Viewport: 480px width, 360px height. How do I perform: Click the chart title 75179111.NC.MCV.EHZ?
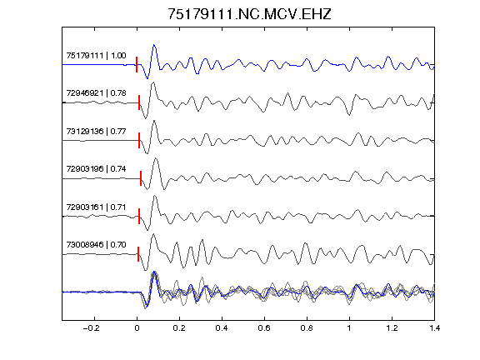tap(249, 14)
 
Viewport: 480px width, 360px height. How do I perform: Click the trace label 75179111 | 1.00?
tap(96, 55)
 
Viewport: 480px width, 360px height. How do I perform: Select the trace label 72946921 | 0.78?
tap(96, 93)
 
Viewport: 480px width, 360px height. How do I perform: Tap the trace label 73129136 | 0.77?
tap(96, 132)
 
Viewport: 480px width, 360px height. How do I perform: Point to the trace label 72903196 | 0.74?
tap(96, 169)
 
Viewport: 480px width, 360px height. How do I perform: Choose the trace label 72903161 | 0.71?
tap(96, 207)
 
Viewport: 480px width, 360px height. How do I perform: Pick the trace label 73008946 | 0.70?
tap(96, 245)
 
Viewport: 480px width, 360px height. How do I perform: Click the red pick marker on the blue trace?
tap(137, 65)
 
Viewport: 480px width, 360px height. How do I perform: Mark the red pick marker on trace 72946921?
tap(139, 102)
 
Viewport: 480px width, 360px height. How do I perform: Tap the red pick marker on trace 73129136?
tap(139, 141)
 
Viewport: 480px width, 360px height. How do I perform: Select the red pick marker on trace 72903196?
tap(141, 178)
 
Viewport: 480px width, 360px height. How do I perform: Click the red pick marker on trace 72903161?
tap(139, 216)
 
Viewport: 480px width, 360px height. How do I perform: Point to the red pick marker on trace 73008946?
tap(138, 254)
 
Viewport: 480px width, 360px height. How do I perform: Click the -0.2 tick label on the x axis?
tap(92, 328)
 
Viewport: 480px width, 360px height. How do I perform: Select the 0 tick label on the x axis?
tap(137, 328)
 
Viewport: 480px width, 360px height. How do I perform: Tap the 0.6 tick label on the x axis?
tap(264, 328)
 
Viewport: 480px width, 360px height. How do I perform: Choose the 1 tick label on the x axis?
tap(349, 328)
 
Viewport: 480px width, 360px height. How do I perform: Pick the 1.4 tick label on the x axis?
tap(434, 328)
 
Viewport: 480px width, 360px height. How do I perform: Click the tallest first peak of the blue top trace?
tap(154, 45)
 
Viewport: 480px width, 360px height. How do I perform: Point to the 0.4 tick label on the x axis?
tap(222, 328)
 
